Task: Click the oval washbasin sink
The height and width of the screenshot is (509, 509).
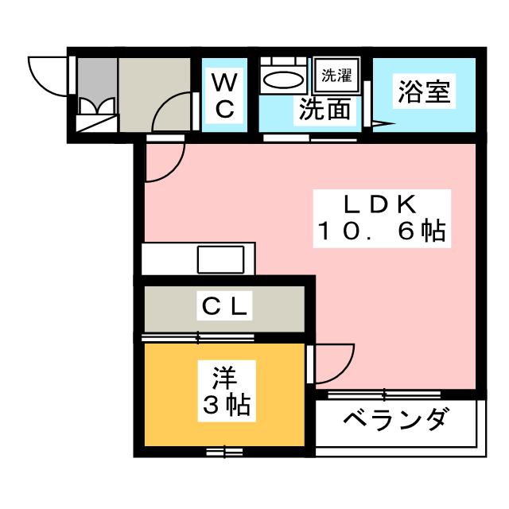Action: coord(283,80)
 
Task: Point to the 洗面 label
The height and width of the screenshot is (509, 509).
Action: coord(324,111)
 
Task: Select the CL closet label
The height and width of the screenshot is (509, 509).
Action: coord(224,305)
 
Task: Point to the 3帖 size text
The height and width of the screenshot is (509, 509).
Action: coord(224,406)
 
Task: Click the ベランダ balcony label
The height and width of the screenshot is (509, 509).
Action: coord(396,419)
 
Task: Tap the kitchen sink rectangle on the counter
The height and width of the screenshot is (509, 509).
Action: coord(221,259)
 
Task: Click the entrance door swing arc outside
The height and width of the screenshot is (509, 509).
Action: coord(44,76)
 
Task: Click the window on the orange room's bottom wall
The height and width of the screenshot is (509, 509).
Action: coord(224,452)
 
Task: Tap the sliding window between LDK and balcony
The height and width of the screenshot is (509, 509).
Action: coord(384,394)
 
